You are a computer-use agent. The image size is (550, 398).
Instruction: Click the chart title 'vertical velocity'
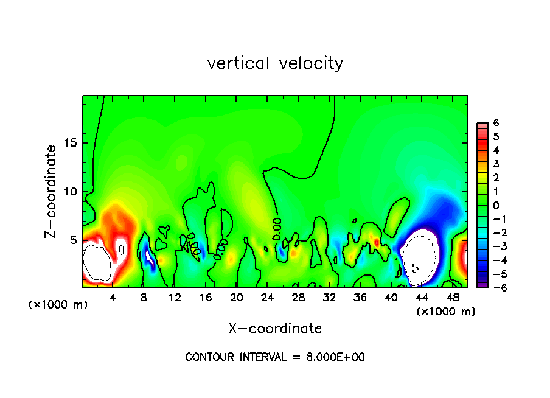275,63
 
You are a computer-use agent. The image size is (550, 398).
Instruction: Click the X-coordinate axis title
275,329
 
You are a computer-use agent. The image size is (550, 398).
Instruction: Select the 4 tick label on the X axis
113,297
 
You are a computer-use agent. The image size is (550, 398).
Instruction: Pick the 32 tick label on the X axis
330,297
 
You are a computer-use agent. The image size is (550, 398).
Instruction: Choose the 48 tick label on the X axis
453,297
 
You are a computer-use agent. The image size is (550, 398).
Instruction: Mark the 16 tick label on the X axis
206,297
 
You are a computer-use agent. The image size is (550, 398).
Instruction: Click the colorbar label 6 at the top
496,123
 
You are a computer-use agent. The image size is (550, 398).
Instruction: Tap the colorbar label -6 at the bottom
496,288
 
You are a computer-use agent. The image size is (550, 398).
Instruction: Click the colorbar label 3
496,164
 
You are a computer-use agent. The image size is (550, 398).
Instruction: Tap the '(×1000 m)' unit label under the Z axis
58,305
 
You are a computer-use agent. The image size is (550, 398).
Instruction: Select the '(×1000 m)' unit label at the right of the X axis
446,312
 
